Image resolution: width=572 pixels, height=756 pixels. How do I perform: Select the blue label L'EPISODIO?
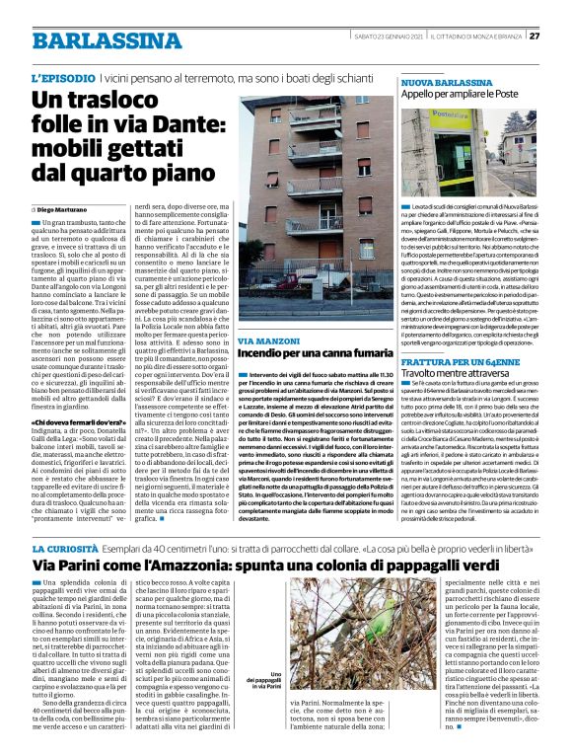tap(63, 77)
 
